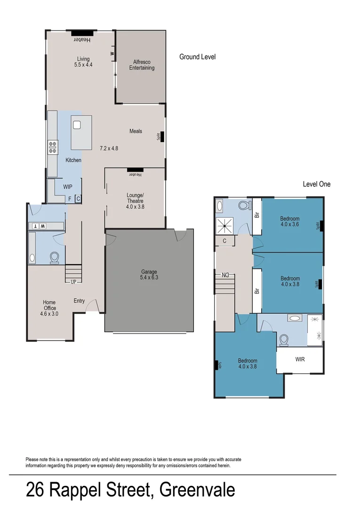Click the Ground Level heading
197,57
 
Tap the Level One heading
316,184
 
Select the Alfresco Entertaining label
142,65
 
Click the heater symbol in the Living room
81,33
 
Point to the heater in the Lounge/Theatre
135,170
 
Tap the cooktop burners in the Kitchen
53,147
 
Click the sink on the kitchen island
77,125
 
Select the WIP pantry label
68,187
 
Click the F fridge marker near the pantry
70,199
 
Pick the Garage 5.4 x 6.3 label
149,275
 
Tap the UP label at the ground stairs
73,282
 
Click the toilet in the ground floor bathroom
55,257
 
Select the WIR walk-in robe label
300,359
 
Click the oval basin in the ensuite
295,318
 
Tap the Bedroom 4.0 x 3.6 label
290,222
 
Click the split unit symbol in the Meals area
161,136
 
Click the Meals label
136,131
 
